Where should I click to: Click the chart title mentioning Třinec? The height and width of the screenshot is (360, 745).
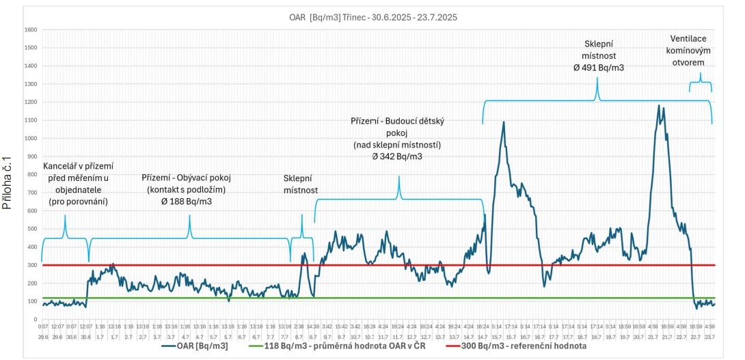click(372, 18)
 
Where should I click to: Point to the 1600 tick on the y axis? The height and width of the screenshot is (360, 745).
click(31, 30)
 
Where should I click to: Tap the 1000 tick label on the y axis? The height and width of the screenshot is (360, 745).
click(31, 139)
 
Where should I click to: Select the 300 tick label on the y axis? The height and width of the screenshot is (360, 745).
click(32, 265)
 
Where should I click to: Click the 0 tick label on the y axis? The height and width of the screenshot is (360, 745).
click(35, 319)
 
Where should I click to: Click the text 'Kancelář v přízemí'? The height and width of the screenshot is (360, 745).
click(78, 166)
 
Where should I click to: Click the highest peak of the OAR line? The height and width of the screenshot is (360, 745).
click(659, 105)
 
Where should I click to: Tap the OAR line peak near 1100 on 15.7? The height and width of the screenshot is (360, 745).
click(504, 122)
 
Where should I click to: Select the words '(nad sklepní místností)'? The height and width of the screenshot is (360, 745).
click(397, 146)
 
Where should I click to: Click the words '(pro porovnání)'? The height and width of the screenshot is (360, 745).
click(78, 202)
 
